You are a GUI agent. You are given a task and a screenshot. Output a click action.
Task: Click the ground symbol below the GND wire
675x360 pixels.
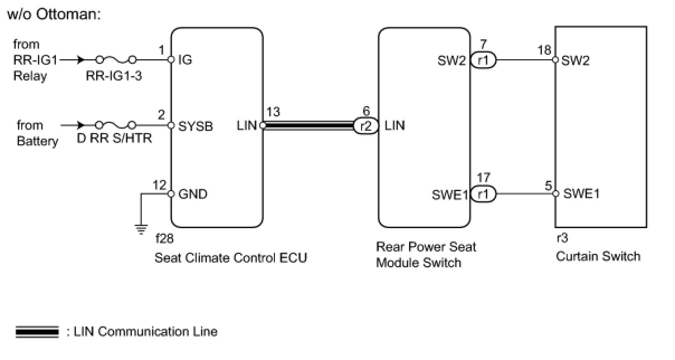(141, 228)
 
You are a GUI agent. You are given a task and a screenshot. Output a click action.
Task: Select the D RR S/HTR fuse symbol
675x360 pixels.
(116, 125)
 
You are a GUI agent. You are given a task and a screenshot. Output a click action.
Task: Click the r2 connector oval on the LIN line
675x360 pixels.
(365, 126)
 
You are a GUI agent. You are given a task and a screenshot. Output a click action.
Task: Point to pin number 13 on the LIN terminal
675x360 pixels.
(274, 112)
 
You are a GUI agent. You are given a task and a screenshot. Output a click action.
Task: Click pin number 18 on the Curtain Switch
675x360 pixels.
(544, 50)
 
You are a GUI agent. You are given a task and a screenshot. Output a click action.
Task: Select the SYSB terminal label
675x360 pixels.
(196, 126)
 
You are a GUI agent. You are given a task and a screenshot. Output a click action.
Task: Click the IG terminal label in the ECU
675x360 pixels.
(184, 60)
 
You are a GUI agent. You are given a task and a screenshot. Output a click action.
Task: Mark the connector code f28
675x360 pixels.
(164, 239)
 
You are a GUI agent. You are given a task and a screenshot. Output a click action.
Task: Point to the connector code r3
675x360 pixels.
(562, 238)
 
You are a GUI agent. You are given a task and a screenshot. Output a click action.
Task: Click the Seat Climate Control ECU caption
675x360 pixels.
(231, 258)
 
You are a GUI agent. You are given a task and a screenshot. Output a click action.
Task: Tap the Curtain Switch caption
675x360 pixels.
(598, 257)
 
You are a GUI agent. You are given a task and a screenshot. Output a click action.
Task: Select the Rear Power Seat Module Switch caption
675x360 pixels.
(426, 254)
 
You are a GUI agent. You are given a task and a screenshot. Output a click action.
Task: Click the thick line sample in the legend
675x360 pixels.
(37, 332)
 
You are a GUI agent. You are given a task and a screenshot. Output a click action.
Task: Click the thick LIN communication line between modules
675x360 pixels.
(307, 126)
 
